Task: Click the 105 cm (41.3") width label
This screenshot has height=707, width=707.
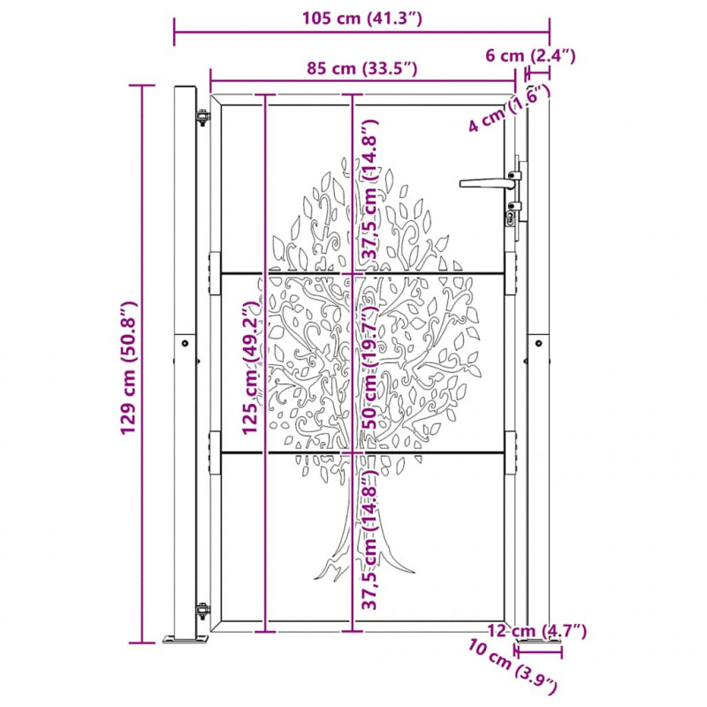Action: (x=361, y=19)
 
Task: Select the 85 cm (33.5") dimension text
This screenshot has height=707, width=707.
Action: (x=361, y=69)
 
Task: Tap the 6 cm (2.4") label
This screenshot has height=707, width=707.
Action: (x=530, y=56)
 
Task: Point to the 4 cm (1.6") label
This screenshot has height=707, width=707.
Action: (x=510, y=109)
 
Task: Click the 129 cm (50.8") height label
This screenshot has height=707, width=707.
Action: (x=128, y=368)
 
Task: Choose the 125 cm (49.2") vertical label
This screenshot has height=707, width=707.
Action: (x=251, y=368)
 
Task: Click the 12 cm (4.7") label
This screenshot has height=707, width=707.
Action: (x=537, y=631)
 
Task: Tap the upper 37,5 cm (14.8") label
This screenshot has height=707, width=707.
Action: (x=370, y=189)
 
